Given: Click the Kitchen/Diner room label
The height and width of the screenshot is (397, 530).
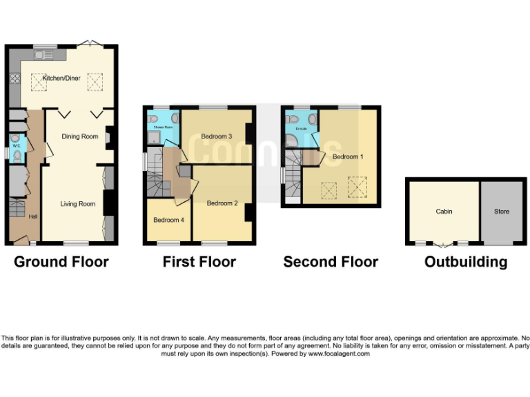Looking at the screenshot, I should click(61, 79).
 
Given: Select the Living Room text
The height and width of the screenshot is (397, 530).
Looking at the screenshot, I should click(77, 204).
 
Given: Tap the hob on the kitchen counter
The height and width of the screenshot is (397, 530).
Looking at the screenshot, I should click(14, 79).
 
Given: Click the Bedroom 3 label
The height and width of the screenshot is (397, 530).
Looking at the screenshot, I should click(216, 136).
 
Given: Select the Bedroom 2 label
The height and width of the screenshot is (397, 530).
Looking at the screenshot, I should click(222, 203).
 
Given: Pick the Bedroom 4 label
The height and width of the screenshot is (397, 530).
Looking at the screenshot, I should click(168, 220).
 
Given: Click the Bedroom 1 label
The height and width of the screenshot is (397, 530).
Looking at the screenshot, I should click(347, 157).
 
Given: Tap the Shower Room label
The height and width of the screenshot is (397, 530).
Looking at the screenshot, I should click(163, 128).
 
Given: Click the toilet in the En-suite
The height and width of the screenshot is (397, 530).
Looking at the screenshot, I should click(312, 120).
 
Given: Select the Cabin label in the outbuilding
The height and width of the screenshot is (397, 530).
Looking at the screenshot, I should click(444, 212).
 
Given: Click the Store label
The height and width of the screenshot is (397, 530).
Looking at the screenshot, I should click(502, 212).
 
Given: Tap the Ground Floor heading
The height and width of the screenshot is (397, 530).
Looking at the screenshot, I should click(61, 262).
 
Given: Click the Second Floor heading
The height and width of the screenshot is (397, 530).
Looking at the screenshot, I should click(331, 262).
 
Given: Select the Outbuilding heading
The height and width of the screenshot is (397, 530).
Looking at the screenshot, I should click(466, 262).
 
